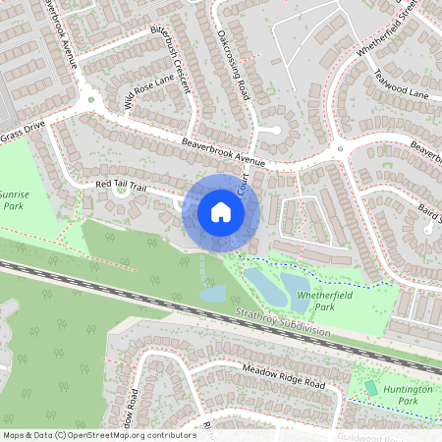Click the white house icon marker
221,211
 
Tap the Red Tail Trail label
121,185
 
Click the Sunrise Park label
13,202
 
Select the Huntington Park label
402,395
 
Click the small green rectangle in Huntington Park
370,388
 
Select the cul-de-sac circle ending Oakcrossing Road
275,130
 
